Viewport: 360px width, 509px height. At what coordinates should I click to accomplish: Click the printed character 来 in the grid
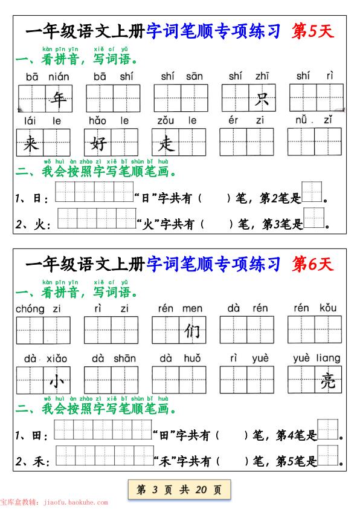click(30, 143)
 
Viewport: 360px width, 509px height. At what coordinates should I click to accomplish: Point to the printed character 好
click(98, 143)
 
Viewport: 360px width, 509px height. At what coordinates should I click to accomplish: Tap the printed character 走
click(166, 143)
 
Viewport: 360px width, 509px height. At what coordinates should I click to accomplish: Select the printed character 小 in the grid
click(57, 381)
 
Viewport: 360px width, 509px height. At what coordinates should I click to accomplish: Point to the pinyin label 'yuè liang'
click(317, 358)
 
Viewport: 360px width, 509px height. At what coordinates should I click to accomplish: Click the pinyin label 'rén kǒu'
click(315, 309)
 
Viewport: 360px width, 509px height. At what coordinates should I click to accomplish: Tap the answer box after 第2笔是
click(312, 192)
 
